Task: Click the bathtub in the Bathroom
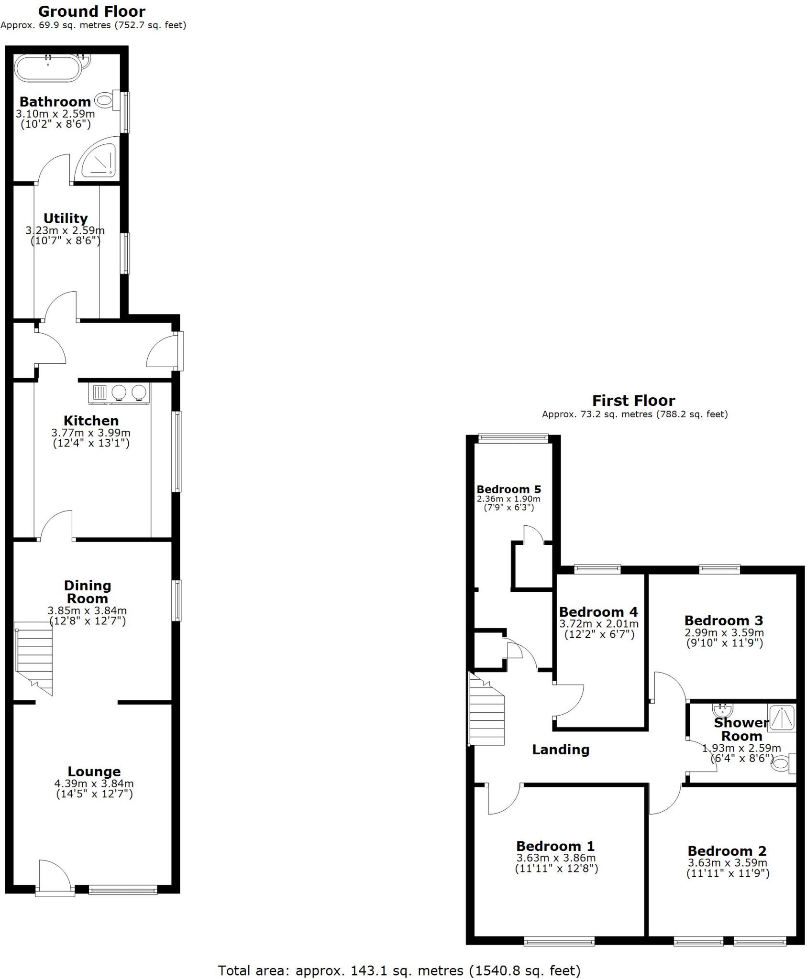pyautogui.click(x=48, y=68)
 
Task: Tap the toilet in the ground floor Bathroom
pyautogui.click(x=104, y=100)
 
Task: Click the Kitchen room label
pyautogui.click(x=91, y=421)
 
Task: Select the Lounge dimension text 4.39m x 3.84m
pyautogui.click(x=94, y=783)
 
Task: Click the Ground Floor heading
pyautogui.click(x=91, y=11)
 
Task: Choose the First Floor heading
pyautogui.click(x=633, y=401)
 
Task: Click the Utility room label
pyautogui.click(x=66, y=218)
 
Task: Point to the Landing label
pyautogui.click(x=561, y=750)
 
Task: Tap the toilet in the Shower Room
pyautogui.click(x=781, y=763)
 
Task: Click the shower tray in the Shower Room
pyautogui.click(x=781, y=718)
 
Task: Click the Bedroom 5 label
pyautogui.click(x=509, y=489)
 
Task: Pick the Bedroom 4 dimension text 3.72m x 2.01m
pyautogui.click(x=598, y=624)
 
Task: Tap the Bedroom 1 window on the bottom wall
pyautogui.click(x=559, y=942)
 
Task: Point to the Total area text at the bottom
pyautogui.click(x=399, y=970)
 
